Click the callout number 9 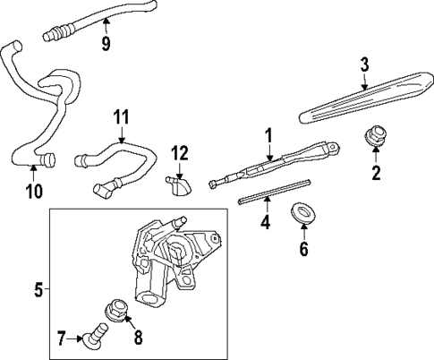pos(106,43)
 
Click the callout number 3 pos(365,64)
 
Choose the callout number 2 pos(376,172)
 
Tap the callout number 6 pos(303,250)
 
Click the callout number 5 pos(38,289)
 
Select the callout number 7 pos(61,339)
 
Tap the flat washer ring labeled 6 pos(302,214)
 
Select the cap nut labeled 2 pos(375,140)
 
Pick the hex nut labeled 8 pos(116,307)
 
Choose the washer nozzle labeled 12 pos(177,185)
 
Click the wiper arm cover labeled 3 pos(358,103)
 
